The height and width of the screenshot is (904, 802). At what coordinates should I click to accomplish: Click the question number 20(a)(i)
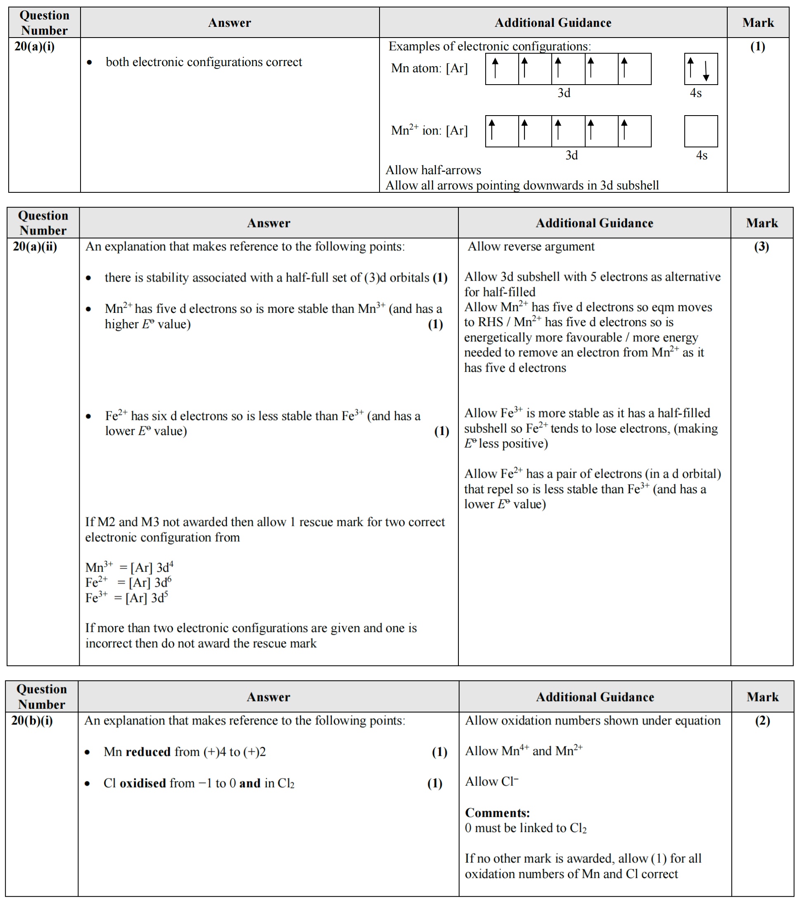(35, 46)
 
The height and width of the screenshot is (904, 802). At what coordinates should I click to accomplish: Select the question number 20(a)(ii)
(35, 246)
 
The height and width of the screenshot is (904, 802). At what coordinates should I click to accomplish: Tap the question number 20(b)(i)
(32, 720)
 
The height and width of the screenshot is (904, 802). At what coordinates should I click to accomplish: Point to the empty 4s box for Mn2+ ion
(701, 131)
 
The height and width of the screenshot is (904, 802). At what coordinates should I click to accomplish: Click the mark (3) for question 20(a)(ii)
(761, 246)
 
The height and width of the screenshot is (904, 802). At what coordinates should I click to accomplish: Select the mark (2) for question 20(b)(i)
(762, 721)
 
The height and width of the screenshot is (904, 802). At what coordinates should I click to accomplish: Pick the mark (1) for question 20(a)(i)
(758, 46)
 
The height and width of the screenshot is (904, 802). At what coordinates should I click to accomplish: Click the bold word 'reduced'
(148, 752)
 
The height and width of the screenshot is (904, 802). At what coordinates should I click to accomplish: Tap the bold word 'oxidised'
(143, 783)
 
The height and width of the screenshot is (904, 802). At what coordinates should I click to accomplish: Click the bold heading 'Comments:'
(497, 813)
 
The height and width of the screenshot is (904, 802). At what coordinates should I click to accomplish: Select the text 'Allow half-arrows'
(433, 170)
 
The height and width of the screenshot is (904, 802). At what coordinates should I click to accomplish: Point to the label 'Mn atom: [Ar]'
(429, 69)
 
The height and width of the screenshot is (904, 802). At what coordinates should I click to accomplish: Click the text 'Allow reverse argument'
(531, 246)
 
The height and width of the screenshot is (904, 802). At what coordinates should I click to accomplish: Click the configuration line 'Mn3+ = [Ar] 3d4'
(129, 568)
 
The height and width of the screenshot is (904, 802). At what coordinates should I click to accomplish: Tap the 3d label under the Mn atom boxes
(564, 93)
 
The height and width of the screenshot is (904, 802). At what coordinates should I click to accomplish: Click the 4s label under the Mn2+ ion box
(702, 155)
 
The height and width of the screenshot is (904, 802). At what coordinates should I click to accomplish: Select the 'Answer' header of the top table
(230, 23)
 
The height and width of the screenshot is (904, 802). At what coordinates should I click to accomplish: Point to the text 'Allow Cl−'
(491, 782)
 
